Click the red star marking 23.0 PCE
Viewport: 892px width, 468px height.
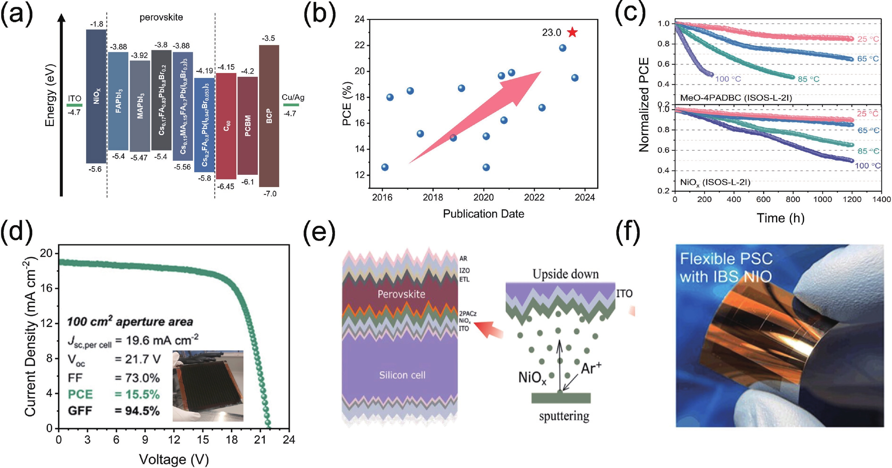pyautogui.click(x=572, y=32)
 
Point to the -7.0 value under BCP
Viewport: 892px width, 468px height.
pyautogui.click(x=270, y=194)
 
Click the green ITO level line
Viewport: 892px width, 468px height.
pyautogui.click(x=74, y=105)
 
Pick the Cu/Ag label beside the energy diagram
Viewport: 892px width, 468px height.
pyautogui.click(x=293, y=97)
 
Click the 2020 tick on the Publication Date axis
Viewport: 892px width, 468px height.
pyautogui.click(x=483, y=197)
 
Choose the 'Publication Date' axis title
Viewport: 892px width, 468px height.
pyautogui.click(x=483, y=214)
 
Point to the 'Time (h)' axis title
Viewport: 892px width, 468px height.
pyautogui.click(x=780, y=218)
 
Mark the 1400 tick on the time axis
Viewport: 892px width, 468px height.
pyautogui.click(x=881, y=199)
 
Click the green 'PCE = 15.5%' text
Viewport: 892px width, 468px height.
pyautogui.click(x=114, y=394)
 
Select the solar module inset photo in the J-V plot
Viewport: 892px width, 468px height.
pyautogui.click(x=208, y=386)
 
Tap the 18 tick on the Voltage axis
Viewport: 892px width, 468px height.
pyautogui.click(x=232, y=440)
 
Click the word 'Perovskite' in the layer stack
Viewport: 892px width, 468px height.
pyautogui.click(x=401, y=294)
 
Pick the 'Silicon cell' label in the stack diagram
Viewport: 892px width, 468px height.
pyautogui.click(x=402, y=375)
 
